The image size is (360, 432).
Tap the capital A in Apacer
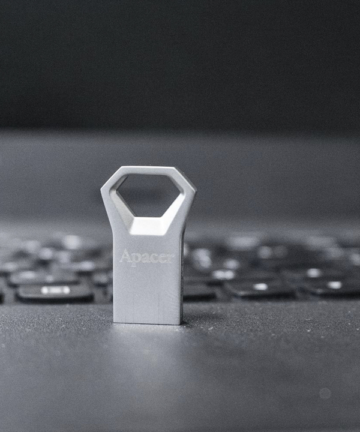125,256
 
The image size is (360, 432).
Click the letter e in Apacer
161,259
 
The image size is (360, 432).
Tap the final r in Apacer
170,258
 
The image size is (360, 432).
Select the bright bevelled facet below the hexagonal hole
149,226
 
